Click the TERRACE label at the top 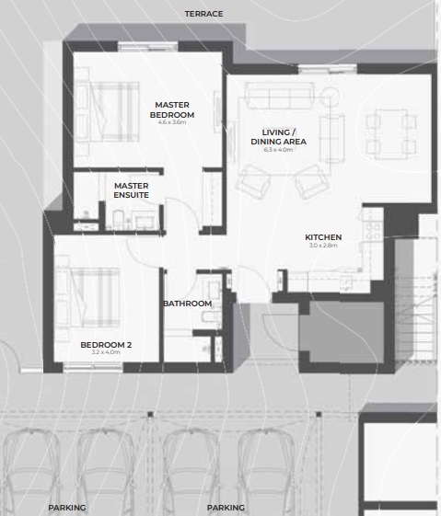pos(203,14)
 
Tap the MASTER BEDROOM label pos(172,109)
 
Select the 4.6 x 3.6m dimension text pos(172,123)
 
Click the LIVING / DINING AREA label pos(284,136)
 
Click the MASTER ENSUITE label pos(132,190)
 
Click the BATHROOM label pos(188,304)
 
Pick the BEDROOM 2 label pos(107,345)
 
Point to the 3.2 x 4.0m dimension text pos(107,354)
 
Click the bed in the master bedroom pos(103,110)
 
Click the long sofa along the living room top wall pos(279,95)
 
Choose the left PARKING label pos(67,507)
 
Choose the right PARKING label pos(226,507)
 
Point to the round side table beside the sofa pos(331,94)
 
